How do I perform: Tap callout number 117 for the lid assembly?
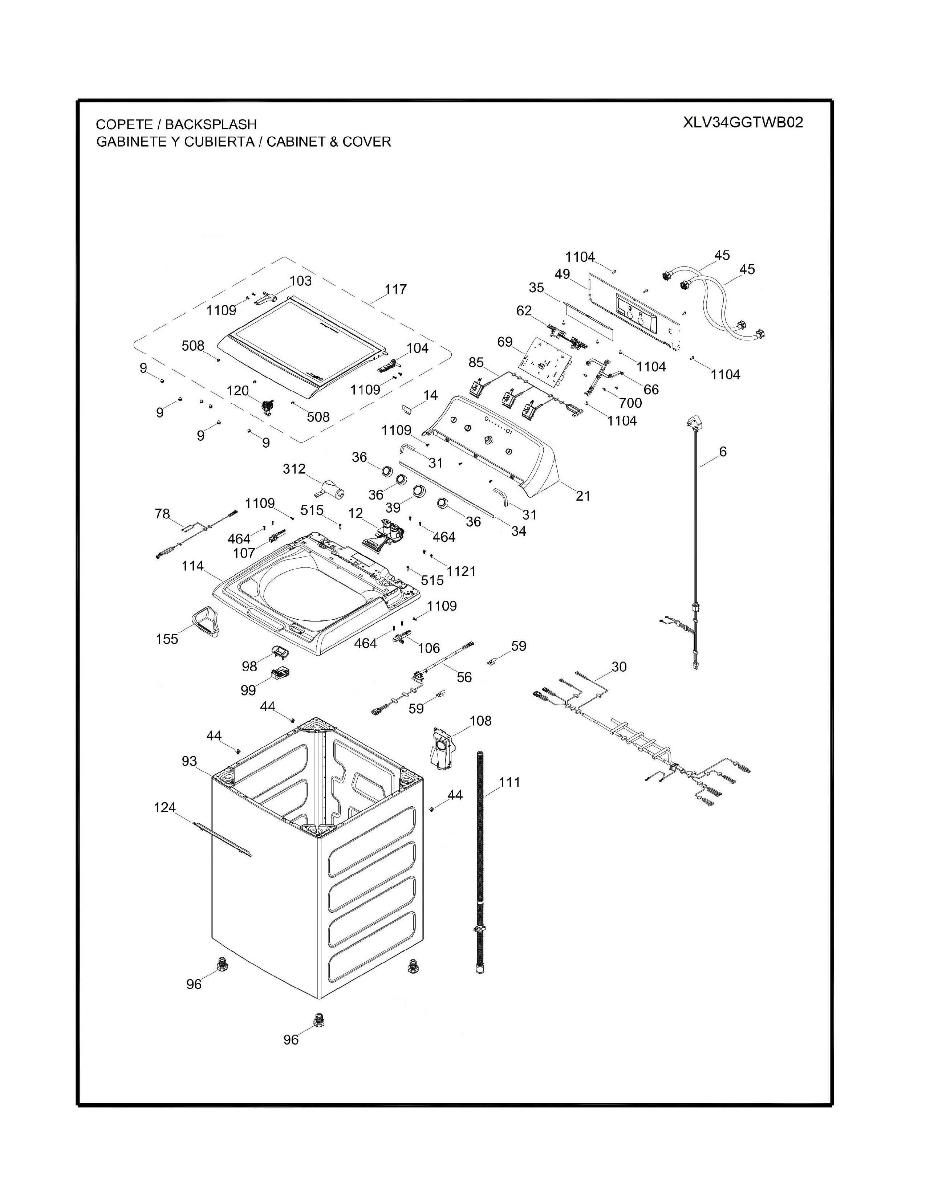click(395, 289)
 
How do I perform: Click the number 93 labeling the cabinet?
click(189, 761)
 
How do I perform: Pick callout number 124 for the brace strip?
click(165, 807)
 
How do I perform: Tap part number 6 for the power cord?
click(723, 452)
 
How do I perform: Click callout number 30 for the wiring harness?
click(619, 667)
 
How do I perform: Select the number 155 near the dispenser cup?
click(167, 639)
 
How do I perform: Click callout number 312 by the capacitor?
click(294, 469)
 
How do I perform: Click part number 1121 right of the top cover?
click(461, 571)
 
